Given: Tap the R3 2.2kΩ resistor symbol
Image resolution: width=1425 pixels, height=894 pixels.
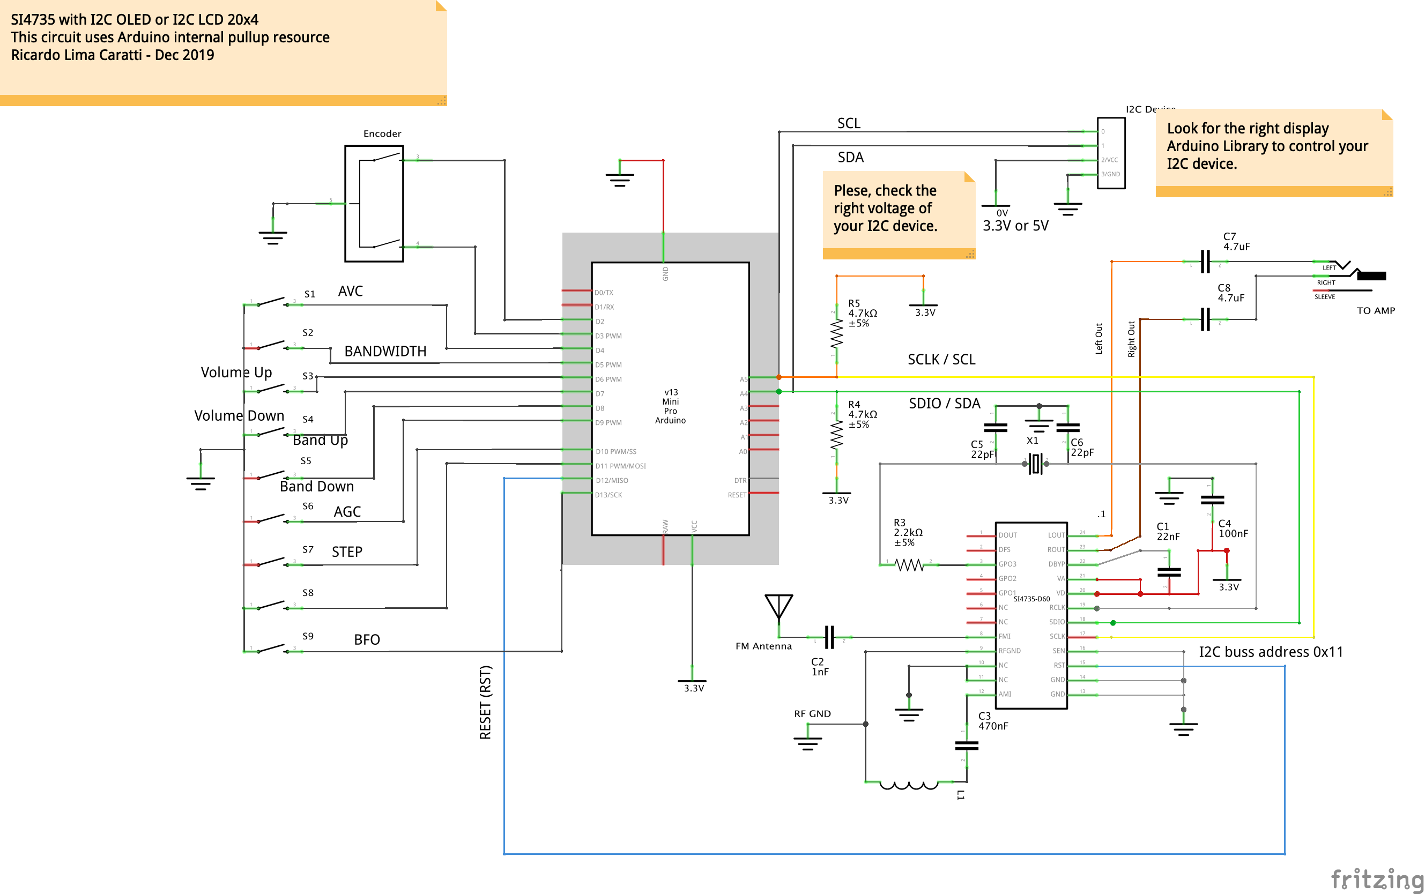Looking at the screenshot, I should click(x=909, y=565).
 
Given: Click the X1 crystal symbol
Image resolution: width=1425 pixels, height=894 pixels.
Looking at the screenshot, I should click(x=1035, y=464).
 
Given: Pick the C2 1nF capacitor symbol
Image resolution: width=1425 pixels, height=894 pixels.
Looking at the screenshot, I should click(x=829, y=637).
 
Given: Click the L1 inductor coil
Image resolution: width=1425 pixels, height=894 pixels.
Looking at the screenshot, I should click(x=909, y=785).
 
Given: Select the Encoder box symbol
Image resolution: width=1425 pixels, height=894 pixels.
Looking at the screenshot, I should click(x=374, y=203).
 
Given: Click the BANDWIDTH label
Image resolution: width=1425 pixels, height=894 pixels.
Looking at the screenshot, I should click(x=385, y=351).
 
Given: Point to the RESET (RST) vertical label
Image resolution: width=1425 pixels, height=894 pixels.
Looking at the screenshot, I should click(x=485, y=703).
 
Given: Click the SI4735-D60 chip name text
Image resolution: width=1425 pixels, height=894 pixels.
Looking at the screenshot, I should click(x=1031, y=599).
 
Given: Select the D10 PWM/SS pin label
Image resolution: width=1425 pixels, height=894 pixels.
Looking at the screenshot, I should click(x=615, y=452).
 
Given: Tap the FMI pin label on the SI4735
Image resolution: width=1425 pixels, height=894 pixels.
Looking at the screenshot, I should click(x=1004, y=637).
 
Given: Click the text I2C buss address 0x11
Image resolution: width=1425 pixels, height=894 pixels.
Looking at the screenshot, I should click(x=1271, y=652).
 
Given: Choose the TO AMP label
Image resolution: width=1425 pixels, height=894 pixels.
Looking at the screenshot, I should click(x=1375, y=311).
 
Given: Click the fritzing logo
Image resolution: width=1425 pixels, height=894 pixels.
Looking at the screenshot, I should click(x=1377, y=878).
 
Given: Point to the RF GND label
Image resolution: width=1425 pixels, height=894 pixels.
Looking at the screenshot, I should click(x=812, y=714).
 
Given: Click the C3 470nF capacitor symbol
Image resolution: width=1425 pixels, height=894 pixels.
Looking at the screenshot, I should click(x=966, y=746).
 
